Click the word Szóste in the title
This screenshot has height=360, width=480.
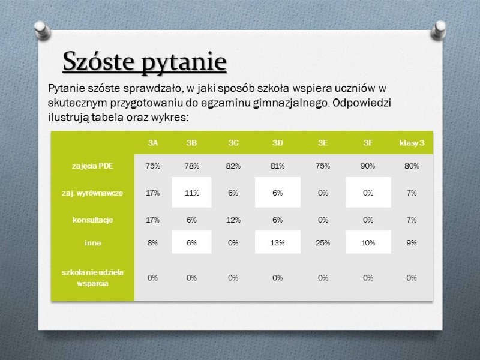pyautogui.click(x=98, y=61)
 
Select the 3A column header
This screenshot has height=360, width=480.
pyautogui.click(x=153, y=143)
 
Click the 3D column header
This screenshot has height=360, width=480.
pyautogui.click(x=278, y=143)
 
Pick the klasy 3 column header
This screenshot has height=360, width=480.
pyautogui.click(x=412, y=143)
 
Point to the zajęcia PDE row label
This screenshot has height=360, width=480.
pyautogui.click(x=92, y=166)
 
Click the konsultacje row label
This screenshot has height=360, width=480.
pyautogui.click(x=92, y=220)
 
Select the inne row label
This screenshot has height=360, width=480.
pyautogui.click(x=92, y=243)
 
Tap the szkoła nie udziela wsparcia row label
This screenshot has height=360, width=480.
pyautogui.click(x=92, y=278)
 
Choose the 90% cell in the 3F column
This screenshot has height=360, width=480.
pyautogui.click(x=368, y=166)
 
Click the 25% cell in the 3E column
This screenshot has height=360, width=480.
pyautogui.click(x=323, y=243)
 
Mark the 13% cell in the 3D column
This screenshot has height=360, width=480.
pyautogui.click(x=277, y=243)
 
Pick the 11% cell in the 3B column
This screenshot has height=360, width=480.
pyautogui.click(x=191, y=193)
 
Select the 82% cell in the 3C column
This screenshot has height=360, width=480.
pyautogui.click(x=233, y=166)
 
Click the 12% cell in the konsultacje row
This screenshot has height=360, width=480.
pyautogui.click(x=233, y=220)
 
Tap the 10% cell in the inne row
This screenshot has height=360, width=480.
pyautogui.click(x=368, y=243)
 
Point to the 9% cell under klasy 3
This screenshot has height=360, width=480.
pyautogui.click(x=412, y=243)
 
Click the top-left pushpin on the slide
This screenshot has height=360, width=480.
pyautogui.click(x=42, y=29)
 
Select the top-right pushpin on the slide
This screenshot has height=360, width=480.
pyautogui.click(x=439, y=29)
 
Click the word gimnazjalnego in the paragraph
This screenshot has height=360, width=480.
pyautogui.click(x=291, y=103)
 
